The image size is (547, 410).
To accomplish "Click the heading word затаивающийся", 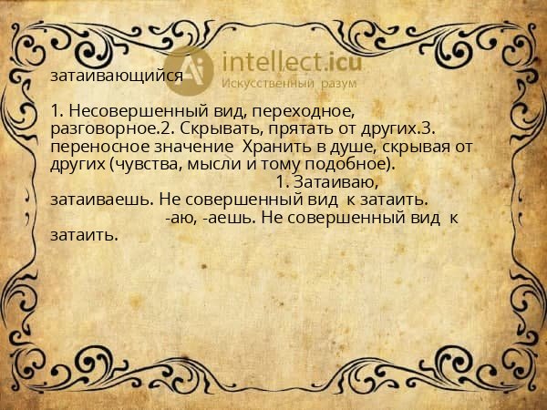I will coord(117,77).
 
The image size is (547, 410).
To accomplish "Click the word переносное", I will coord(91,147).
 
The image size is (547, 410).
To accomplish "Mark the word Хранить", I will coord(272,147).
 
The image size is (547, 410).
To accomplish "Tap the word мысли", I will coord(209,164).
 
